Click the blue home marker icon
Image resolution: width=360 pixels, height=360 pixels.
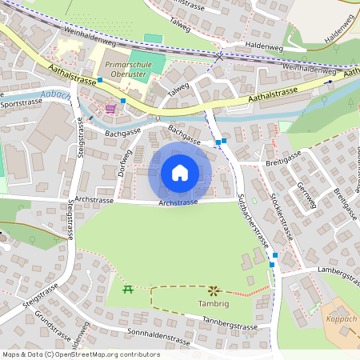tap(180, 173)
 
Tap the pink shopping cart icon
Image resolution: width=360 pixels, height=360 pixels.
tap(110, 108)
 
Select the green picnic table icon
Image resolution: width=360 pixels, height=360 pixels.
tap(126, 290)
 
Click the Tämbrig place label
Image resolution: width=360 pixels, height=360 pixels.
tap(214, 304)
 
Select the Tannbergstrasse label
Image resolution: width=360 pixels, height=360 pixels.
tap(230, 326)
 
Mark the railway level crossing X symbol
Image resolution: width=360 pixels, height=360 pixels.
tap(219, 57)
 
